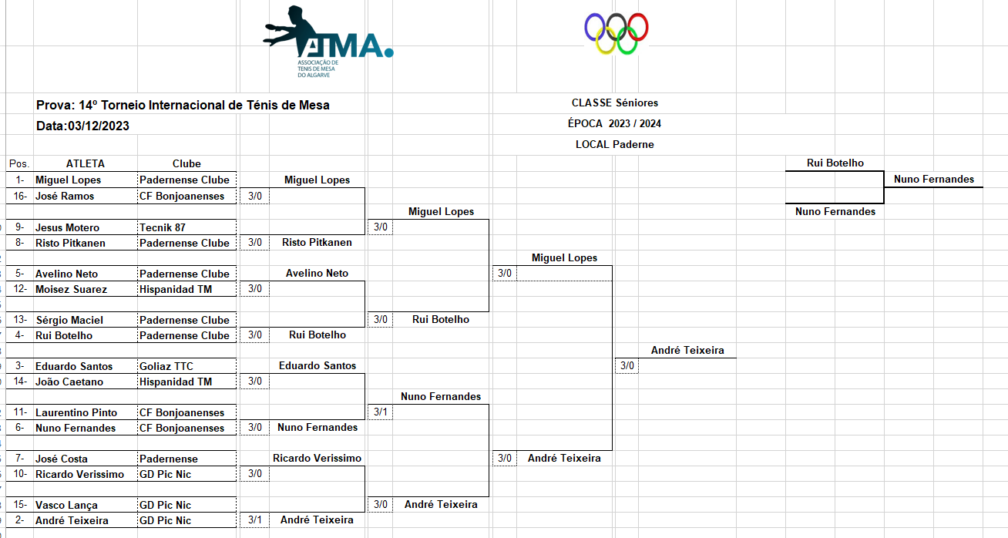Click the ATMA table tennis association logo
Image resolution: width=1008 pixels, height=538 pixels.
pos(327,42)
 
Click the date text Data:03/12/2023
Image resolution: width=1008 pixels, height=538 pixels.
pos(82,126)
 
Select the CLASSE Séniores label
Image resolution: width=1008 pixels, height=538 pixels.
pos(614,103)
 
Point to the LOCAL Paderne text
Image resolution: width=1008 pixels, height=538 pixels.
pos(614,144)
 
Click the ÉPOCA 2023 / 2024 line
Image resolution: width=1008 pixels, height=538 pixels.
pos(613,123)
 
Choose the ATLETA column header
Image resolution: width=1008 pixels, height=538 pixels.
pos(85,163)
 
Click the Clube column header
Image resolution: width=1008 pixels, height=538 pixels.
pos(186,163)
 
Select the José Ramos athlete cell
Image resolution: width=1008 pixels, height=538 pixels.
pos(65,196)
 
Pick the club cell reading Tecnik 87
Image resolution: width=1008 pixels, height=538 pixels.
pos(163,227)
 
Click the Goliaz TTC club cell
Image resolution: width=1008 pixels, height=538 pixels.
pos(167,366)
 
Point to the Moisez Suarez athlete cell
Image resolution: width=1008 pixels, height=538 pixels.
pos(71,289)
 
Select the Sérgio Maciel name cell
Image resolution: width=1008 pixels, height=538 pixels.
pos(69,320)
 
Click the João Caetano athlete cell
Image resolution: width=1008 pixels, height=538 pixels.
pos(69,382)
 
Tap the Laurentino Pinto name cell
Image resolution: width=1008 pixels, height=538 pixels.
pos(76,412)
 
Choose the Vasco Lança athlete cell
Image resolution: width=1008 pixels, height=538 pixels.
pos(66,505)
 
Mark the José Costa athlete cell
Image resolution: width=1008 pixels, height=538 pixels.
pos(62,459)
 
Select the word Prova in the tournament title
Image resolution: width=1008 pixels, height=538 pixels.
pos(54,105)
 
